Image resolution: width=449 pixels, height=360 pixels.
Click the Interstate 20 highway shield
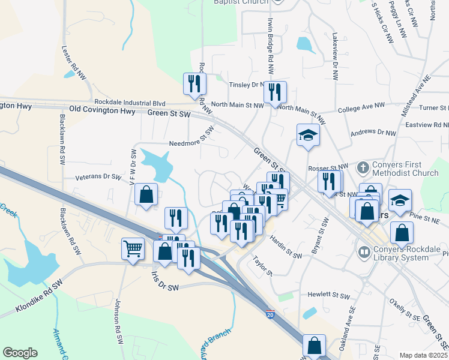point(270,313)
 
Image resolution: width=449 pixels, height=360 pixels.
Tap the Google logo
point(20,353)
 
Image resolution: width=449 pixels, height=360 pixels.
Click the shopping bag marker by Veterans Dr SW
point(146,194)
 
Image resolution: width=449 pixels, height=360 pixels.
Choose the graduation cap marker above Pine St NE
point(400,200)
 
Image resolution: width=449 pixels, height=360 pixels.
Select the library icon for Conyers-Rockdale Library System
point(363,253)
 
